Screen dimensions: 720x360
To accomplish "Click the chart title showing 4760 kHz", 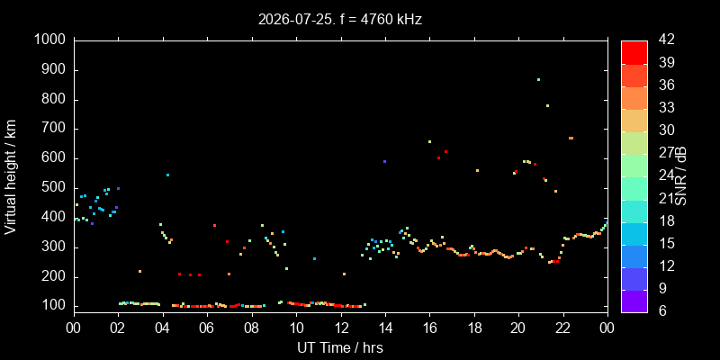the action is point(340,20).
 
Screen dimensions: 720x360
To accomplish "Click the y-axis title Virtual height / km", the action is point(11,177).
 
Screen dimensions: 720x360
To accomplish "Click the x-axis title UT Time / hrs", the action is point(340,347).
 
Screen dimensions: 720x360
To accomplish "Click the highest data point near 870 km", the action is point(538,79).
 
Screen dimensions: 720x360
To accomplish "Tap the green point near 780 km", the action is point(547,105).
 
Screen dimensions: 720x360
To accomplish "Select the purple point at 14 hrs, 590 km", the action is point(385,162).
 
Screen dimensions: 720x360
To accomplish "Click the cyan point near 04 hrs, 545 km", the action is point(167,175).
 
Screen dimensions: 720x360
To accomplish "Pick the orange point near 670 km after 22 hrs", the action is point(571,138).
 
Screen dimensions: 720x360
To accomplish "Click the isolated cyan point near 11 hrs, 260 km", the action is point(314,258).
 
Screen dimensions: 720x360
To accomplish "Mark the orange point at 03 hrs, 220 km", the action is point(140,272).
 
